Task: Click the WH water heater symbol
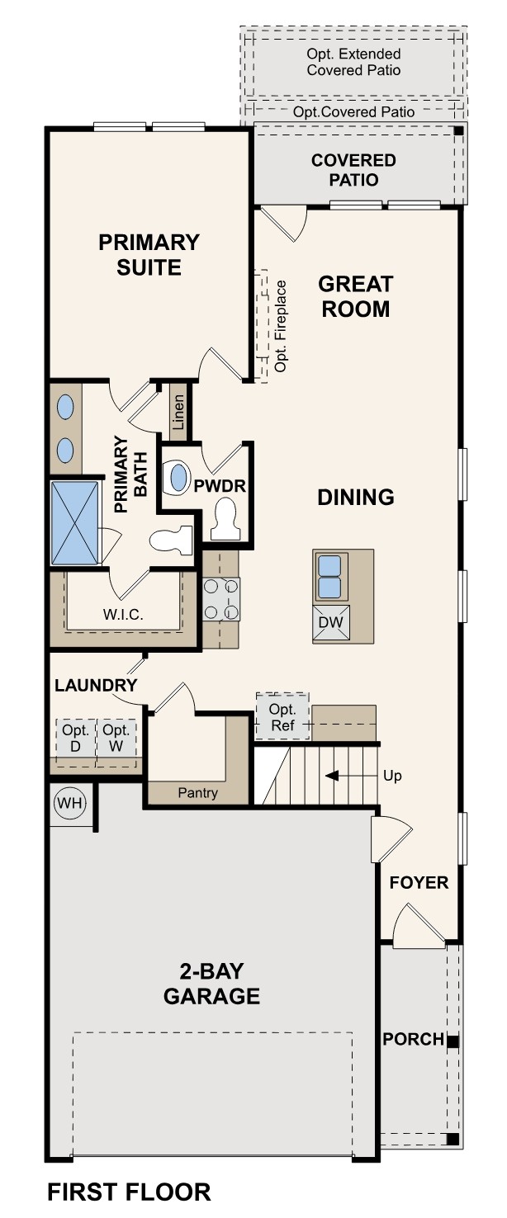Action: (69, 802)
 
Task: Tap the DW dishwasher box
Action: (331, 624)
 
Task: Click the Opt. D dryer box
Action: (75, 738)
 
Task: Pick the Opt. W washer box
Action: (116, 738)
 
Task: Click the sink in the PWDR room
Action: (178, 478)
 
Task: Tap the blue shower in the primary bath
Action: (75, 522)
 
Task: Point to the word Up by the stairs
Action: (392, 777)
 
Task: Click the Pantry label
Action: (198, 793)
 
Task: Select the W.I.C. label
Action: (124, 614)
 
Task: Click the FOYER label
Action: (419, 883)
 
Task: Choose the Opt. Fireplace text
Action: (281, 326)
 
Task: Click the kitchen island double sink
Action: (331, 576)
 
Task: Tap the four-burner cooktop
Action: (221, 599)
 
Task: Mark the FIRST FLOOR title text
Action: (129, 1192)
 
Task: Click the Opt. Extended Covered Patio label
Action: (353, 62)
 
